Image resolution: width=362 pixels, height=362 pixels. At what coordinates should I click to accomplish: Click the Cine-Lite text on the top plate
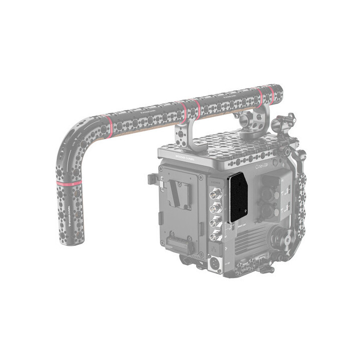[x=264, y=166]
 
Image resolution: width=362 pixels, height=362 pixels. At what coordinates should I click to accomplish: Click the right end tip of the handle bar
[x=282, y=91]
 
